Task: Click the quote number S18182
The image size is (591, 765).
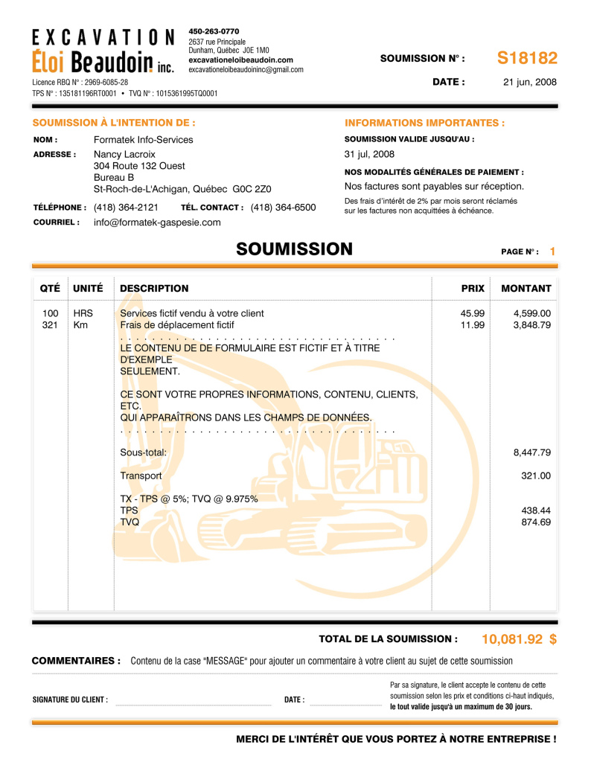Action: coord(527,58)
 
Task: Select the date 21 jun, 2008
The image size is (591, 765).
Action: coord(530,83)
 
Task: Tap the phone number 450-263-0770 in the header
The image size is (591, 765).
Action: coord(214,31)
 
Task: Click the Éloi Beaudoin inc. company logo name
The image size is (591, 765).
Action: coord(103,61)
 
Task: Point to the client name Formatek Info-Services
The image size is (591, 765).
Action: coord(143,140)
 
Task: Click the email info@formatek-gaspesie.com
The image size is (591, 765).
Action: coord(157,223)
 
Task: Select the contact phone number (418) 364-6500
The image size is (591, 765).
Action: coord(283,208)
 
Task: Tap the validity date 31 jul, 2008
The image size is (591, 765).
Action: coord(369,155)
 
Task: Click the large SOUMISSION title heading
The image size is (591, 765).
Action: coord(294,249)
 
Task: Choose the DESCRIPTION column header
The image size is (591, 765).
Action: coord(154,289)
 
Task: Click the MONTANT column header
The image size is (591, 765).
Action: coord(526,289)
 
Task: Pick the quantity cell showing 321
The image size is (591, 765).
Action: coord(51,325)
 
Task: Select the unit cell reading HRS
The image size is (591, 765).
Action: coord(83,313)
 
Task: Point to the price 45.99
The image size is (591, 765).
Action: coord(473,313)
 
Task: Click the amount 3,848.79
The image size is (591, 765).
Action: coord(532,325)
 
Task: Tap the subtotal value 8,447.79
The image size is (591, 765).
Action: coord(532,452)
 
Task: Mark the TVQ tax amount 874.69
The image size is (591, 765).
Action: coord(536,523)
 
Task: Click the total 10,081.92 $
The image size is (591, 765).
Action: coord(519,639)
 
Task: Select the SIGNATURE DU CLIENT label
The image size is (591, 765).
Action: coord(70,700)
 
